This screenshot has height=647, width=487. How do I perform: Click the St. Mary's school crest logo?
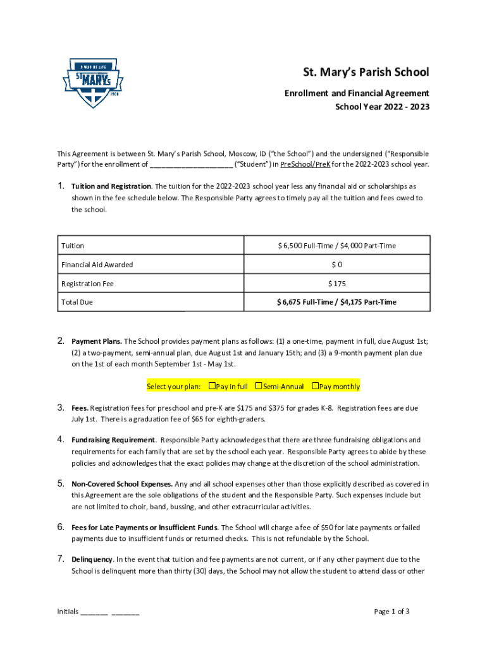(x=92, y=83)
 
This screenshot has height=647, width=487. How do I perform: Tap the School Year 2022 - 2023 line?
(x=382, y=107)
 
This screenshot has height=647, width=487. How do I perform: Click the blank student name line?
(x=191, y=165)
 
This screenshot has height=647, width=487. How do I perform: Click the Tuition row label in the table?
(x=73, y=246)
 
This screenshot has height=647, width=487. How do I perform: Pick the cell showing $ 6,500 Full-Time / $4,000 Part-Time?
(x=336, y=246)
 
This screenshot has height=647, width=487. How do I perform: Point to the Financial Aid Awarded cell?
(x=97, y=265)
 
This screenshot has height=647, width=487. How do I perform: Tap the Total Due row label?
(x=77, y=302)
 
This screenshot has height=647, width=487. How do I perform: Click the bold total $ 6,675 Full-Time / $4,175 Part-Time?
(x=336, y=302)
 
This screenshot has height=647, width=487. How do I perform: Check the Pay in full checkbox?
(x=212, y=386)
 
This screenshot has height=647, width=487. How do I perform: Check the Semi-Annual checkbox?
(x=259, y=386)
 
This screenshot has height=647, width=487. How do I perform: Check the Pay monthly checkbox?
(x=316, y=386)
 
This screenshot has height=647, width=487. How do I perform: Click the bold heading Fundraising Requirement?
(x=113, y=440)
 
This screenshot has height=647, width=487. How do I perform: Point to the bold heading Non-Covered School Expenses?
(x=122, y=484)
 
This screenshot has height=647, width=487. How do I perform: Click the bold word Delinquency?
(x=92, y=559)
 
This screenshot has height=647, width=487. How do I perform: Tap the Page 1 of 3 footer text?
(x=391, y=611)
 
